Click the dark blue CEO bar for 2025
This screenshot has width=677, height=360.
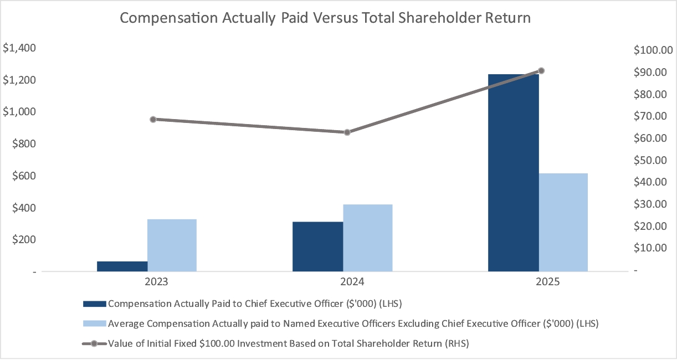513,173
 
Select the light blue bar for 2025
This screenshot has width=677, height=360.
563,222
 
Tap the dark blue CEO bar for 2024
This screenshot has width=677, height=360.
318,246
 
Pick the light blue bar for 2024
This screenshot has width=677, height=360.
368,238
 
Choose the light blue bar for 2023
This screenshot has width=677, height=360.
172,245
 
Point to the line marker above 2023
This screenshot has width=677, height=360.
153,119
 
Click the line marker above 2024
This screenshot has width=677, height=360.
347,132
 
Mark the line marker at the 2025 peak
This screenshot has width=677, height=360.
541,71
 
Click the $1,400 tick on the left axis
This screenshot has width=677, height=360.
20,48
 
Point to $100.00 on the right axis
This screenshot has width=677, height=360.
652,50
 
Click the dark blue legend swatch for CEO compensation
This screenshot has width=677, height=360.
94,304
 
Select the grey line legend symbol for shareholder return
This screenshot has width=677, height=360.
94,343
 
